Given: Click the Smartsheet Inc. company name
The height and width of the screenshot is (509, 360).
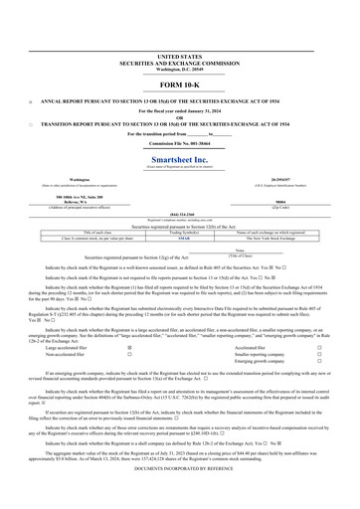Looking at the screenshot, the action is pyautogui.click(x=179, y=159).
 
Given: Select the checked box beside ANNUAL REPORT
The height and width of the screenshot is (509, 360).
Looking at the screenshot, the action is pyautogui.click(x=31, y=101).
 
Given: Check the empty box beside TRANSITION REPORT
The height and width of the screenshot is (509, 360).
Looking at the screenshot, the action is pyautogui.click(x=31, y=123).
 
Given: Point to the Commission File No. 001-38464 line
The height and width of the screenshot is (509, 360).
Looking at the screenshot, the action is pyautogui.click(x=179, y=145).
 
